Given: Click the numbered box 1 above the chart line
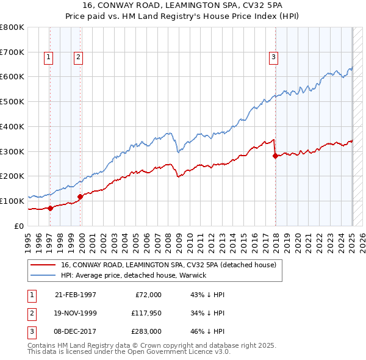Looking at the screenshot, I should [x=48, y=58].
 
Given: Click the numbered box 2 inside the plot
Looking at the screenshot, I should [x=79, y=58].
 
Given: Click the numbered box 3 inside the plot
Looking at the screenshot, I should [x=274, y=58].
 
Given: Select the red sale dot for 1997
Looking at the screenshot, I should [x=50, y=207].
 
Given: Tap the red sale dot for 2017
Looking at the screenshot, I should [x=275, y=156].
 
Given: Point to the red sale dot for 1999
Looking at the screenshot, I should [x=80, y=196].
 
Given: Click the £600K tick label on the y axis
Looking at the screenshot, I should [x=12, y=77].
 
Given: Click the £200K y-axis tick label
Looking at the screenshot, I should [x=12, y=176].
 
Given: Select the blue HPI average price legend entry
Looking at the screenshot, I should [x=134, y=275].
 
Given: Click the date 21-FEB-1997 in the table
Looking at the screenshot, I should [x=76, y=294].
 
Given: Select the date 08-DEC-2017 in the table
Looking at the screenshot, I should [x=76, y=331].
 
